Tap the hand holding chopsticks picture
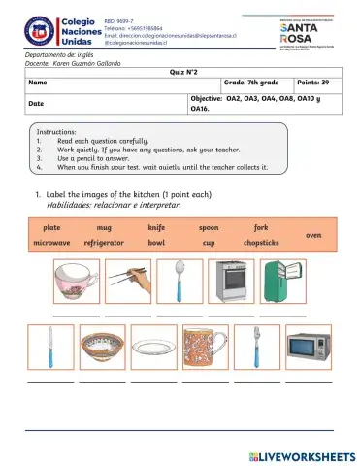click(126, 284)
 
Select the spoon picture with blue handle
click(179, 284)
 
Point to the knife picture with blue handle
click(47, 348)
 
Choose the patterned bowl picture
click(100, 348)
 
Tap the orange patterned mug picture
click(205, 348)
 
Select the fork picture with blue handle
click(256, 348)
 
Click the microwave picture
click(309, 348)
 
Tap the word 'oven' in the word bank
click(313, 235)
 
